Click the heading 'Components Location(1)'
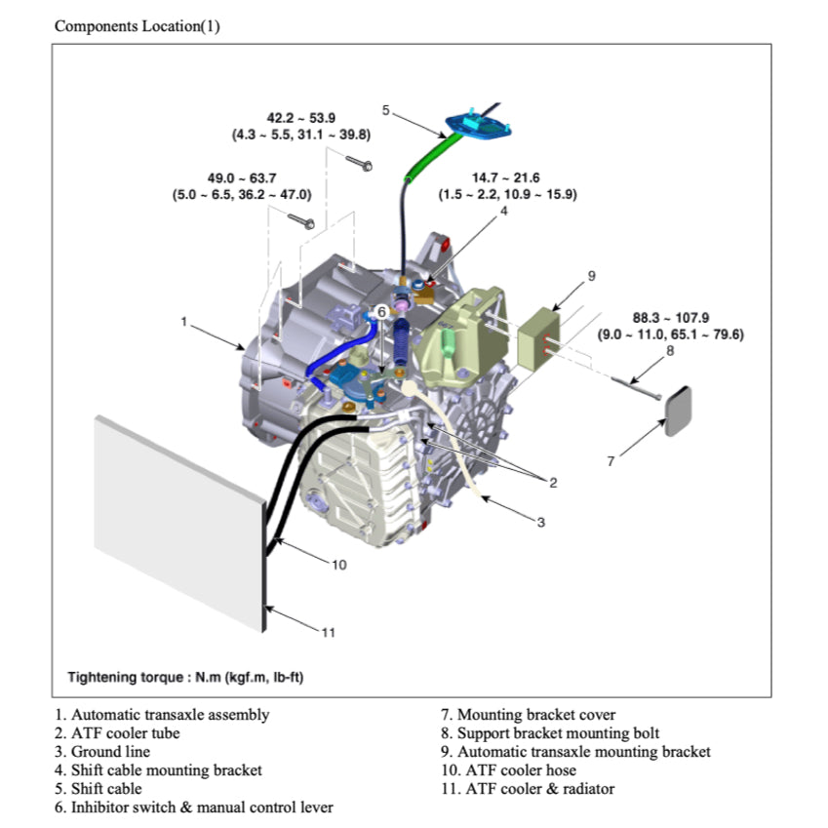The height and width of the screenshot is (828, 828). pyautogui.click(x=137, y=26)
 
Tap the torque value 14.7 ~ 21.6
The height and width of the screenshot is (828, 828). pyautogui.click(x=506, y=178)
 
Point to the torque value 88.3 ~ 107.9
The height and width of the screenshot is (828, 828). pyautogui.click(x=670, y=317)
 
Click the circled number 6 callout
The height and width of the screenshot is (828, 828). pyautogui.click(x=382, y=310)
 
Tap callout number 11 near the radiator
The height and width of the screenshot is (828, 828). pyautogui.click(x=329, y=632)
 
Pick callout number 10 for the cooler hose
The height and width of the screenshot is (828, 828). pyautogui.click(x=338, y=565)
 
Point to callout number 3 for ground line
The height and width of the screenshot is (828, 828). pyautogui.click(x=541, y=523)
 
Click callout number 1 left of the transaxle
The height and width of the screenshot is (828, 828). pyautogui.click(x=183, y=321)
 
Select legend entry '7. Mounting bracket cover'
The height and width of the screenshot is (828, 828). pyautogui.click(x=527, y=715)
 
